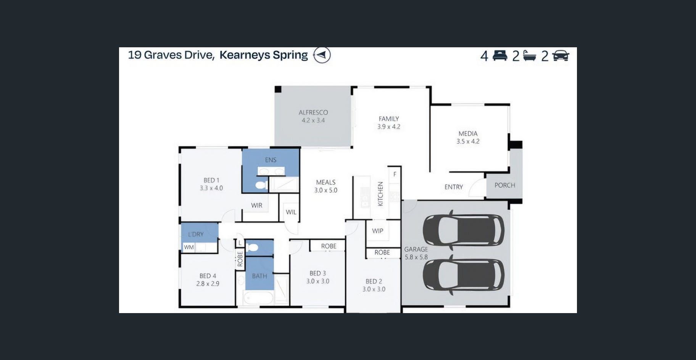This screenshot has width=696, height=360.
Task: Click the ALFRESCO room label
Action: point(313,112)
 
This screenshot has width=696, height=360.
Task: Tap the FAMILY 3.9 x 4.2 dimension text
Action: point(389,127)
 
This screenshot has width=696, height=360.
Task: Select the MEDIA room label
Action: point(468,133)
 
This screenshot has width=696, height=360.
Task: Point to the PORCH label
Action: point(505,185)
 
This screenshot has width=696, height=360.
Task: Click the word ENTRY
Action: point(454,187)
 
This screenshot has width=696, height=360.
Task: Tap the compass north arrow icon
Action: point(322,55)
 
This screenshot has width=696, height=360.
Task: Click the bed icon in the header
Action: point(500,56)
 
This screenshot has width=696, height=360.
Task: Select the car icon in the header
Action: point(561,56)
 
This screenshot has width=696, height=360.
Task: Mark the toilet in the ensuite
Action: point(261,185)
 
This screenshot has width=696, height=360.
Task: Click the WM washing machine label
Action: point(189,247)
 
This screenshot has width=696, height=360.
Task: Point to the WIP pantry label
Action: point(378,231)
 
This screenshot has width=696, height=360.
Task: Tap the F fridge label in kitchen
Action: point(395,174)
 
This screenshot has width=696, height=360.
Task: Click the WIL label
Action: point(291,212)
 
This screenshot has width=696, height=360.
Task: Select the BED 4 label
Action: point(208,276)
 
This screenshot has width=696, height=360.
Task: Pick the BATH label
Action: point(259,276)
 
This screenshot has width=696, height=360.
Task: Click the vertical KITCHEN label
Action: point(380,194)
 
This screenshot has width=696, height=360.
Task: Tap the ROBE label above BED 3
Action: point(329,246)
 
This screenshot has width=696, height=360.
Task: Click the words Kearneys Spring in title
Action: point(264,55)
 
